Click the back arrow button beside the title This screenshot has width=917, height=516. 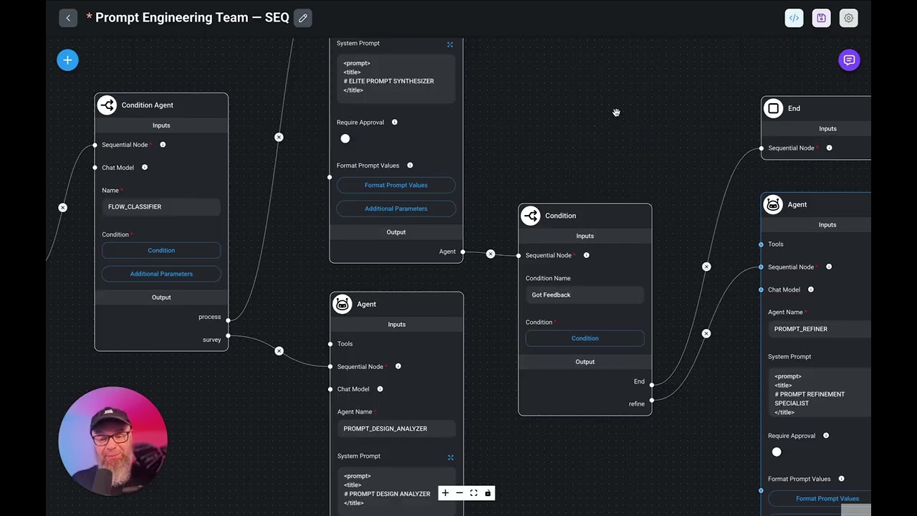click(68, 18)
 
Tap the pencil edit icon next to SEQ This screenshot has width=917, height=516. click(303, 18)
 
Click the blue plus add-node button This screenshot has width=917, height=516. click(67, 60)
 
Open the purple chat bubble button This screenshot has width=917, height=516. click(849, 60)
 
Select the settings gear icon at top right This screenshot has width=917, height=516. click(848, 18)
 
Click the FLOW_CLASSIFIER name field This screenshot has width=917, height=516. click(161, 206)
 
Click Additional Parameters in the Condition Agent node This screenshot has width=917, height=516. click(161, 274)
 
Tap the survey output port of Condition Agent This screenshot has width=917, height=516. click(228, 335)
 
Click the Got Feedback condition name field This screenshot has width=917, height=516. click(585, 295)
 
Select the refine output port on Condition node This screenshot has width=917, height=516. click(651, 400)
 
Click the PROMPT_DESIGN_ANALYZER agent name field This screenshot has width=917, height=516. click(396, 429)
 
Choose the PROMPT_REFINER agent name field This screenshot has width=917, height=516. click(820, 329)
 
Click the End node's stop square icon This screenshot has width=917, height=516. click(773, 108)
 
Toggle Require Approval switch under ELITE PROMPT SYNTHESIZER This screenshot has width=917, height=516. click(345, 138)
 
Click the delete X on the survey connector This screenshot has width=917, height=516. click(279, 351)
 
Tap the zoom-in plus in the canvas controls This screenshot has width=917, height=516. click(445, 493)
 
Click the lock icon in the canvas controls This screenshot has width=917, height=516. click(488, 493)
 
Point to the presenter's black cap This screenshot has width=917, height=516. click(107, 414)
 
